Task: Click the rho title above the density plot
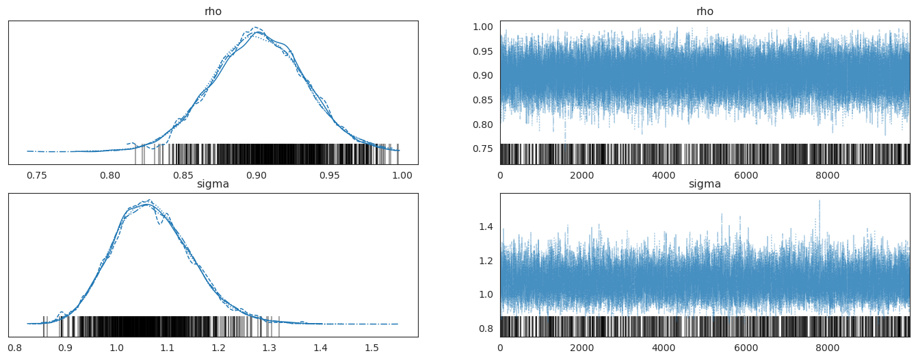(x=213, y=12)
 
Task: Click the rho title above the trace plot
(x=705, y=12)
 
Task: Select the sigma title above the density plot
(x=213, y=184)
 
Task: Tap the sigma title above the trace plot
(x=705, y=184)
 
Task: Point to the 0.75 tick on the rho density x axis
(x=37, y=175)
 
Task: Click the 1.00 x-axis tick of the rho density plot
(x=402, y=175)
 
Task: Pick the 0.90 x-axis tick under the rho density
(x=257, y=175)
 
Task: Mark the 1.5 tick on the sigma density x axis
(x=371, y=347)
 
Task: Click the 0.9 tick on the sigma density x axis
(x=65, y=347)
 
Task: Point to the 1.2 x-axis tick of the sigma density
(x=218, y=347)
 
